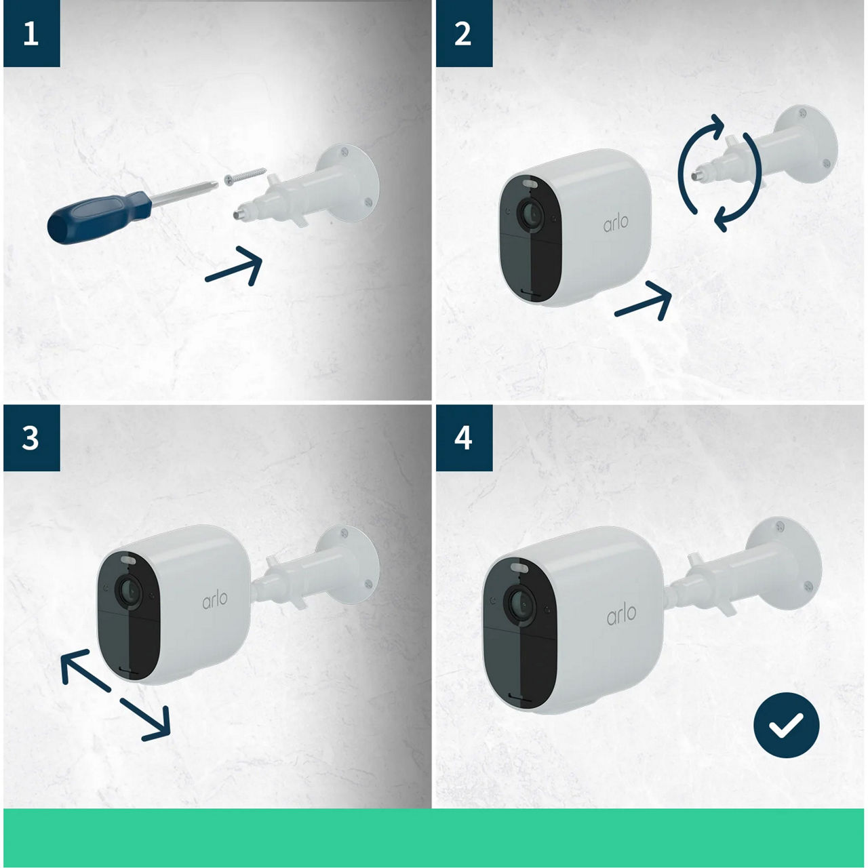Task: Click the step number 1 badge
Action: [x=31, y=33]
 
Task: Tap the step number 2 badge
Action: [x=463, y=33]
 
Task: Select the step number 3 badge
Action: [x=31, y=438]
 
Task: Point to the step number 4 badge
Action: [x=463, y=438]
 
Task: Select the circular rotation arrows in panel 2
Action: [x=719, y=172]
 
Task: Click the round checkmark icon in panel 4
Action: [x=786, y=724]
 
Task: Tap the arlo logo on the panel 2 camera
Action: [x=616, y=222]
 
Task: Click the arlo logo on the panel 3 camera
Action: [x=214, y=599]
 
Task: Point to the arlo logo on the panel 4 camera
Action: [x=621, y=614]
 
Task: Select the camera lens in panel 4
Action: [x=520, y=602]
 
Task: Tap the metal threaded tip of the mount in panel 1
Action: [x=239, y=214]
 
